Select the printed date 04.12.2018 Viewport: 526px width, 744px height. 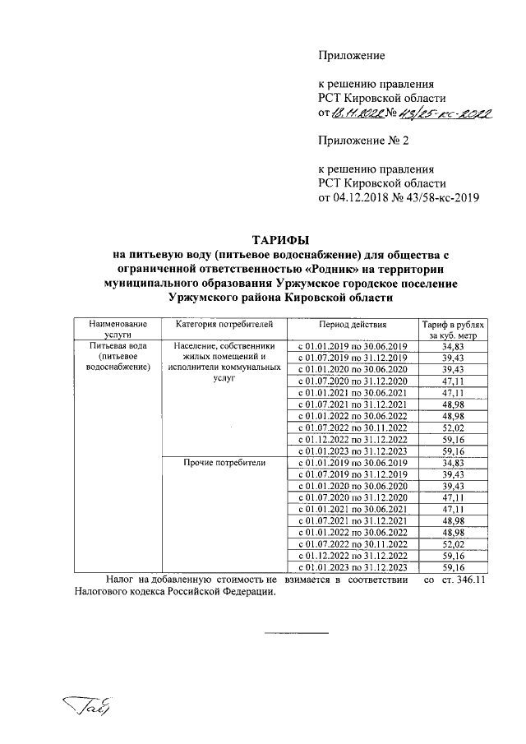click(367, 197)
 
